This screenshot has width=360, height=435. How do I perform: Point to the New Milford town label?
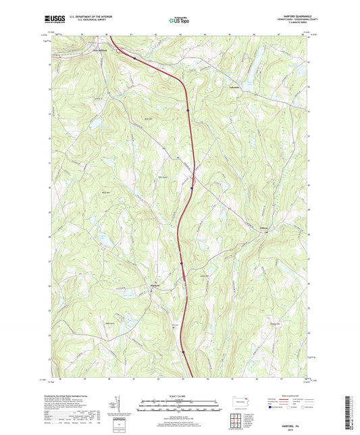99,49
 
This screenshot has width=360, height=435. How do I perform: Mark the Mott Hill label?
150,121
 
